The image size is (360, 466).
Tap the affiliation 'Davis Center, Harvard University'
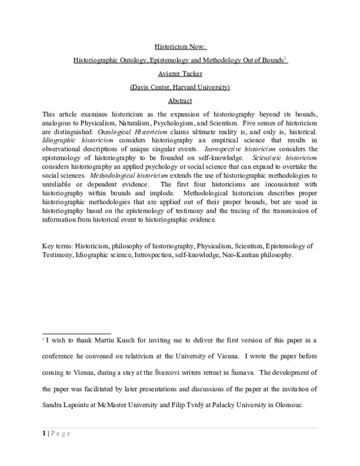[x=180, y=88]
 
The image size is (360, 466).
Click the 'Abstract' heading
[x=180, y=101]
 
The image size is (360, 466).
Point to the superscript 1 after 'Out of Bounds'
[x=286, y=58]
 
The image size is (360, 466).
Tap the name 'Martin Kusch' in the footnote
[x=119, y=340]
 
